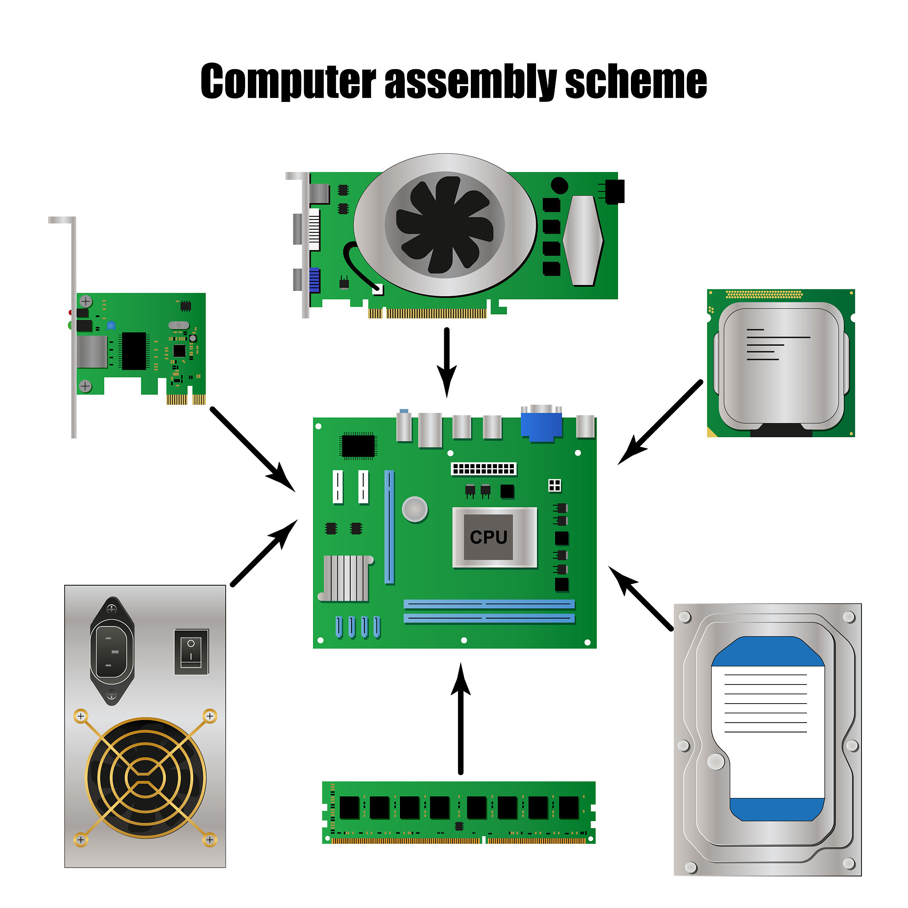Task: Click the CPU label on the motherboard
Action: click(488, 537)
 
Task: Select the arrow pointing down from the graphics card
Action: click(446, 362)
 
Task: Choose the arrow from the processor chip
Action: click(660, 422)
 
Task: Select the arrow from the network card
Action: click(253, 449)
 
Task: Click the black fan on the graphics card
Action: click(445, 225)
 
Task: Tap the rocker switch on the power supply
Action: click(191, 652)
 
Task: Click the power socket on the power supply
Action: click(112, 651)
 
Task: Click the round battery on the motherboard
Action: click(415, 509)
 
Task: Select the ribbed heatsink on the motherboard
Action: click(346, 579)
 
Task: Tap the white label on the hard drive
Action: click(768, 728)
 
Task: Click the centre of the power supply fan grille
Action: click(146, 778)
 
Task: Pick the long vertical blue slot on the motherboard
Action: click(389, 527)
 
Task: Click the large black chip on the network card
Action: click(134, 351)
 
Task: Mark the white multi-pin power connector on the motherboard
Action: click(484, 469)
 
